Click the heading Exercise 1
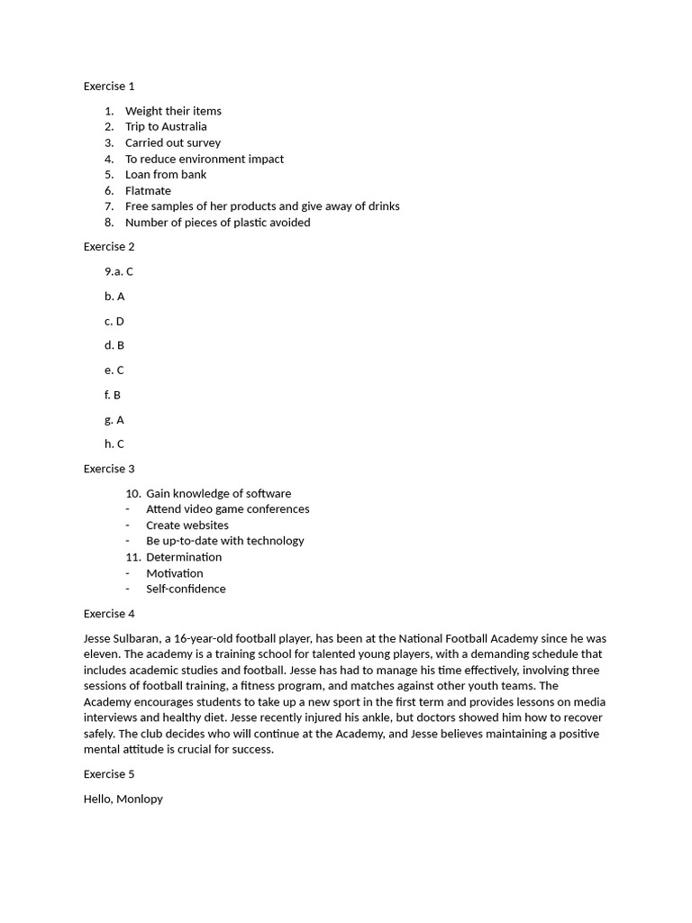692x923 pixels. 109,87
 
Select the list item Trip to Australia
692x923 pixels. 166,127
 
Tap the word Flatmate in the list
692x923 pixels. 148,191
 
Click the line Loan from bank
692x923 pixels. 166,175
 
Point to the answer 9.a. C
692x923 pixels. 119,271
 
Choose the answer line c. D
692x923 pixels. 114,321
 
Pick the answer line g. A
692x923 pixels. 114,420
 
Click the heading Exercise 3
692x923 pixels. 109,469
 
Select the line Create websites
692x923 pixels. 187,525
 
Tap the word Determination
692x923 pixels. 184,557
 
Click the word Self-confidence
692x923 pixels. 186,589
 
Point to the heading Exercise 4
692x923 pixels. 109,614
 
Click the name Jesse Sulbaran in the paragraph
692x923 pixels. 122,638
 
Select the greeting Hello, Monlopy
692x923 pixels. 123,800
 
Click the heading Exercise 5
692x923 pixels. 109,774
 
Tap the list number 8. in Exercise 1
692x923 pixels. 109,223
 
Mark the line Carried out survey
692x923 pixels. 173,143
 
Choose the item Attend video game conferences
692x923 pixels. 228,509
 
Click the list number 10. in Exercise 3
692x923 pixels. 133,494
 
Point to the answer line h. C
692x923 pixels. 114,444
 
